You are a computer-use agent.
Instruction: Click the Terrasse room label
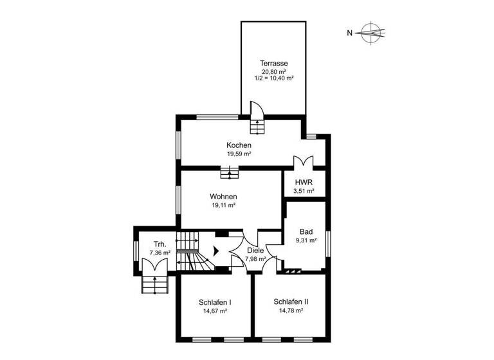point(273,63)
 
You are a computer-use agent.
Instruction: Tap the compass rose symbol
point(371,32)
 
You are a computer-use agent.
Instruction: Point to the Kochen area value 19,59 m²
point(239,154)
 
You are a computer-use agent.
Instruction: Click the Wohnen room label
point(223,197)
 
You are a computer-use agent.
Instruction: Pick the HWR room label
point(304,183)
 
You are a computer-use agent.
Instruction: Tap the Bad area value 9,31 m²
point(306,240)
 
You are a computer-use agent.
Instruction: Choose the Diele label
point(255,251)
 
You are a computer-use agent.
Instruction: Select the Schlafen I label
point(215,301)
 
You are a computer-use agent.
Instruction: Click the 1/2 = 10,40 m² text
point(274,78)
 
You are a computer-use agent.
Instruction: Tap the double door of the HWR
point(302,162)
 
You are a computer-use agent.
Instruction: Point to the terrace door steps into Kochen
point(257,125)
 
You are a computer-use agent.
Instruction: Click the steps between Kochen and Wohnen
point(230,172)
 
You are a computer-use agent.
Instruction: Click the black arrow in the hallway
point(217,251)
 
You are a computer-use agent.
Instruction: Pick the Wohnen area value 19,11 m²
point(223,206)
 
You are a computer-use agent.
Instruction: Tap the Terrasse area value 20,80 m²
point(273,71)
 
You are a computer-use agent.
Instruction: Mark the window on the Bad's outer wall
point(329,244)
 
